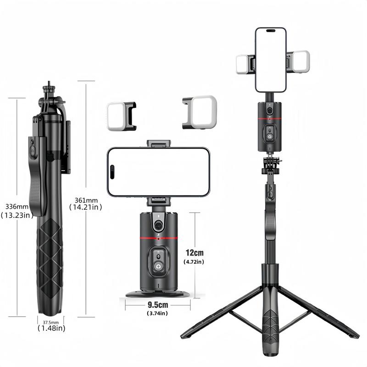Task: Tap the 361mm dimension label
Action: [86, 200]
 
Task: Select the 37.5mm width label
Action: [50, 322]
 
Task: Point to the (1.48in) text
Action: [51, 328]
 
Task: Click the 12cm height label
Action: [195, 253]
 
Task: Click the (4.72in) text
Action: [194, 261]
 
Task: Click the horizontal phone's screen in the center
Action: [159, 172]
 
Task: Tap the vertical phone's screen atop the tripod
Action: [271, 60]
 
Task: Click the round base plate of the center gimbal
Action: [158, 294]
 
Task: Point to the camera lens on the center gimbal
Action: [158, 225]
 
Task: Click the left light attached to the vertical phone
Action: [244, 64]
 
